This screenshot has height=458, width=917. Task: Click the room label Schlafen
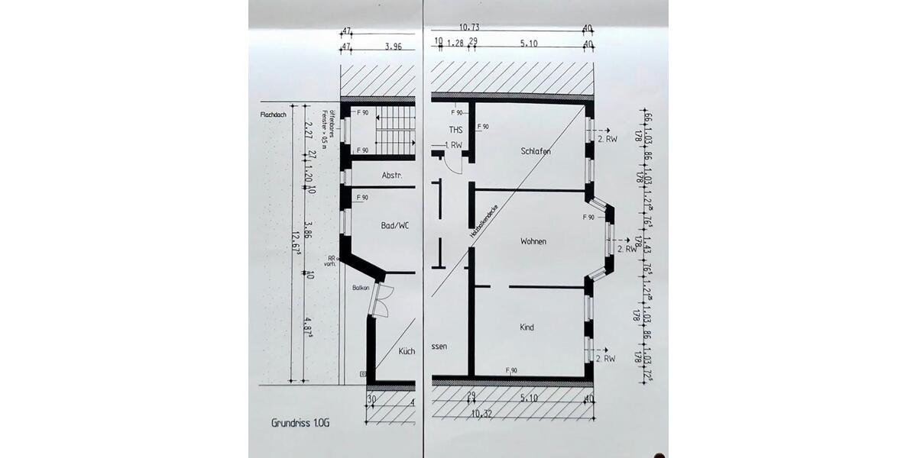click(x=536, y=151)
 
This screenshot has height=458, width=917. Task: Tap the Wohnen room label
click(x=533, y=241)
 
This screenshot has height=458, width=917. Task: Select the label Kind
click(x=527, y=327)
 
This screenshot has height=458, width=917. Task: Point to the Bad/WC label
click(x=394, y=226)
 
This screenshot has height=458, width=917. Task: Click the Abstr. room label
click(x=392, y=175)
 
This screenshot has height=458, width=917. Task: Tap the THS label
click(x=456, y=130)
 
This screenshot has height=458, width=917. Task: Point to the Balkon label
click(x=361, y=288)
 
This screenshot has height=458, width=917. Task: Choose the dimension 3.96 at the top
click(x=393, y=45)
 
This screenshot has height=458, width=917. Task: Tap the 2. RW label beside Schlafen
click(x=608, y=140)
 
